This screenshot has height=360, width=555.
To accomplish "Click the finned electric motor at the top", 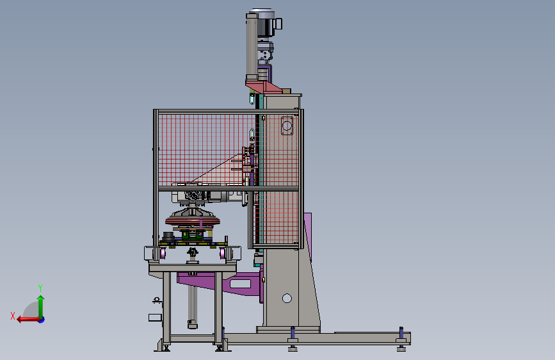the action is (266, 23).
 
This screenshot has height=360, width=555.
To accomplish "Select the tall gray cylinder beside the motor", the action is (252, 47).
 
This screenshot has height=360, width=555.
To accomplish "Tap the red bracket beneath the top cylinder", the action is (264, 87).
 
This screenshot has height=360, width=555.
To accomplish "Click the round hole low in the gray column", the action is (287, 299).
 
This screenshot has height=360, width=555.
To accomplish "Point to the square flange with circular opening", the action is (287, 126).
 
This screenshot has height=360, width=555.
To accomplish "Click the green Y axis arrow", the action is (41, 307).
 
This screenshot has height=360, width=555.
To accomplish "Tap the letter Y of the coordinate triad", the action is (40, 288).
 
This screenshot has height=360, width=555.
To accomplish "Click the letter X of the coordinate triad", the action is (13, 316).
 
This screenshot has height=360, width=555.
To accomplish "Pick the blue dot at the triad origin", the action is (42, 320).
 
